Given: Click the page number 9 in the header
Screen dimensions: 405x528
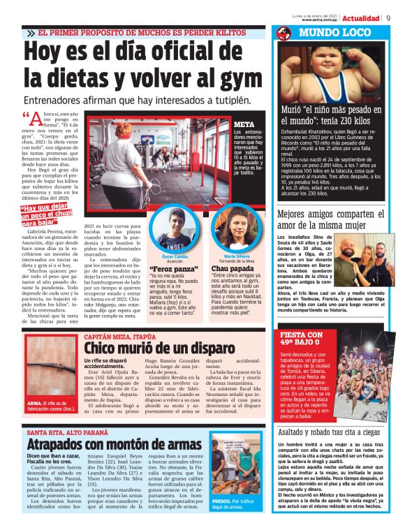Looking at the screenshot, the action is click(x=388, y=18).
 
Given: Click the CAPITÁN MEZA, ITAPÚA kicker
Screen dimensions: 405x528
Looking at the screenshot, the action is click(x=119, y=336).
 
